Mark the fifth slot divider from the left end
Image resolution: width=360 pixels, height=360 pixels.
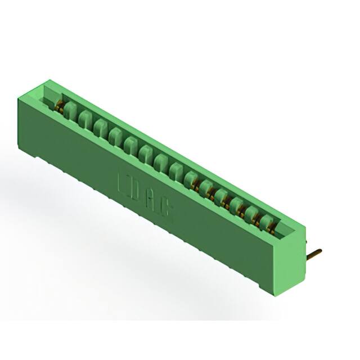pyautogui.click(x=131, y=143)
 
